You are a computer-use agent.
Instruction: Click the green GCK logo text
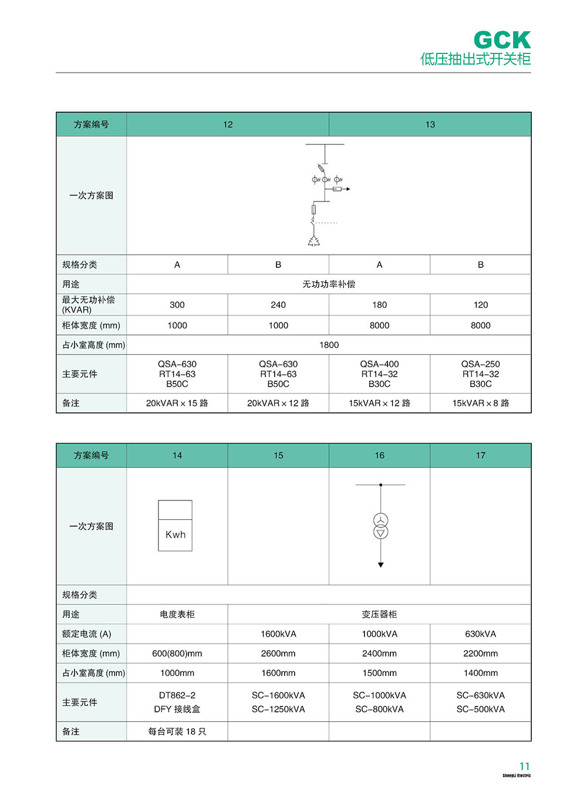pos(502,41)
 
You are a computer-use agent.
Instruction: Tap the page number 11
pos(524,766)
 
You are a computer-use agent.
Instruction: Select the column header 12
pos(228,125)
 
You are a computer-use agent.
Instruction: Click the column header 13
pos(430,125)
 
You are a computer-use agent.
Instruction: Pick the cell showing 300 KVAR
pos(177,305)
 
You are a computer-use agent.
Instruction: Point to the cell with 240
pos(278,305)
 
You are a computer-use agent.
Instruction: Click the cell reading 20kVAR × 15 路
pos(177,403)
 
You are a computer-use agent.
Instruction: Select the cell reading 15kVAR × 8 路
pos(481,403)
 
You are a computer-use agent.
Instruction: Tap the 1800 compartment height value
pos(329,345)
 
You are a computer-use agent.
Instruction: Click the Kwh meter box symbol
pos(175,526)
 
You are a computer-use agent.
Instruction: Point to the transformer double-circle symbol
pos(381,526)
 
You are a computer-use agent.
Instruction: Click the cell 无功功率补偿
pos(329,284)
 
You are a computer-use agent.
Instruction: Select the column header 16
pos(380,455)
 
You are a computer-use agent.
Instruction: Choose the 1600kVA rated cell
pos(278,634)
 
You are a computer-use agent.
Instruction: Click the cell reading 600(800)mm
pos(177,653)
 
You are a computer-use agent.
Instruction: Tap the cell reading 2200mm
pos(481,653)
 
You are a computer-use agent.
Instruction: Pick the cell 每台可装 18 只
pos(177,731)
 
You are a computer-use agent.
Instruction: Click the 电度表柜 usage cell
pos(177,614)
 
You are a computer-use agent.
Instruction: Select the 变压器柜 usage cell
pos(379,614)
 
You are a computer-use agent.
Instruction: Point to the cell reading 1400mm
pos(481,673)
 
